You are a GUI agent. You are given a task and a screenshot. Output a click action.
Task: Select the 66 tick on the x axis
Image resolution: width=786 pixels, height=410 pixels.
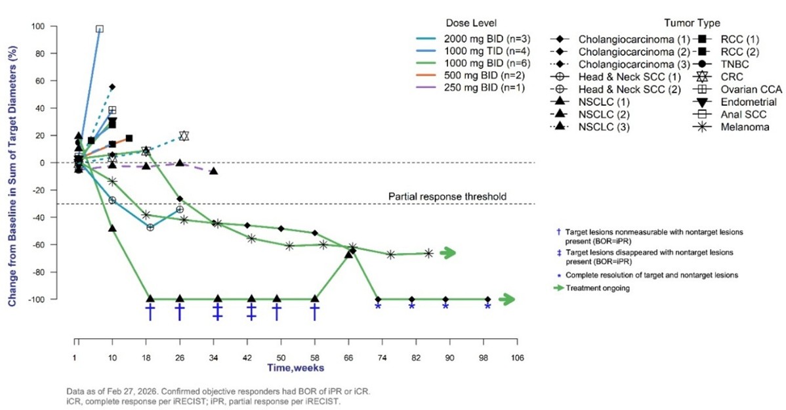coord(348,357)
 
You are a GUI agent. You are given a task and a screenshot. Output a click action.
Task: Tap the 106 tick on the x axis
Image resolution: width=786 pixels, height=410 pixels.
coord(517,357)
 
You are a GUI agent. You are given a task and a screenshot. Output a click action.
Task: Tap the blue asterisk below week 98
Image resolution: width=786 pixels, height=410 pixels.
coord(487,307)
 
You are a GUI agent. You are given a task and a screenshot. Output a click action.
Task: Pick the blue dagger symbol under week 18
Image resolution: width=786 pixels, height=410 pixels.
coord(150,312)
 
